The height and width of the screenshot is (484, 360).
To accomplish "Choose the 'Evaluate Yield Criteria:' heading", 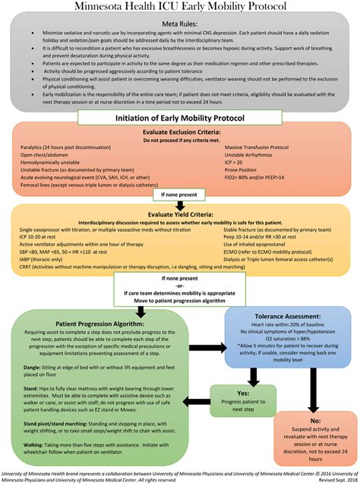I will pos(180,215).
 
